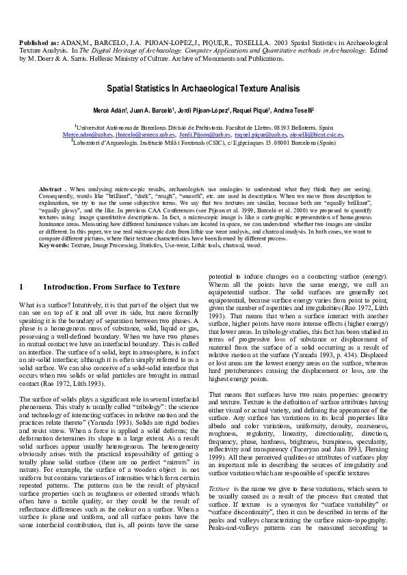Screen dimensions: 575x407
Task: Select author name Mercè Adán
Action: coord(111,110)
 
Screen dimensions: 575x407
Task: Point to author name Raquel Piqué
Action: coord(250,110)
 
